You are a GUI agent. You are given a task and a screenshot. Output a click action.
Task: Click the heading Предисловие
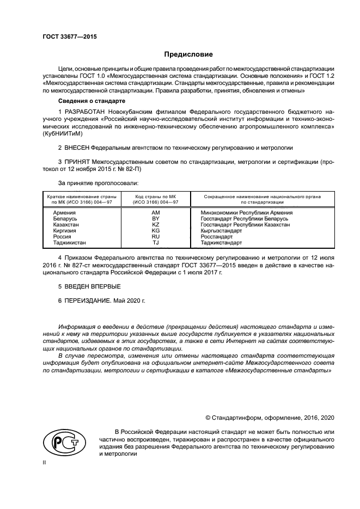pyautogui.click(x=188, y=54)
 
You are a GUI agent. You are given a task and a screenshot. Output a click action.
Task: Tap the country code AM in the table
pyautogui.click(x=155, y=212)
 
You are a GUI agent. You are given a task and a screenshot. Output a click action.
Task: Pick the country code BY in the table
pyautogui.click(x=155, y=218)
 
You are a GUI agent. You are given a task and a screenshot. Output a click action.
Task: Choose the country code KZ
pyautogui.click(x=155, y=224)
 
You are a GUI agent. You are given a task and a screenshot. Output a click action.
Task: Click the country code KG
pyautogui.click(x=155, y=230)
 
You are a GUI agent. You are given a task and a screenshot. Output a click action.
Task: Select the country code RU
pyautogui.click(x=155, y=236)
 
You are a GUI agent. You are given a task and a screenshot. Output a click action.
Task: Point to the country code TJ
pyautogui.click(x=155, y=242)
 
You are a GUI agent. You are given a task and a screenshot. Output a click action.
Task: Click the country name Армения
pyautogui.click(x=64, y=212)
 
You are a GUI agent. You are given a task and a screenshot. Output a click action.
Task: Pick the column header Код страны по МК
pyautogui.click(x=155, y=196)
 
